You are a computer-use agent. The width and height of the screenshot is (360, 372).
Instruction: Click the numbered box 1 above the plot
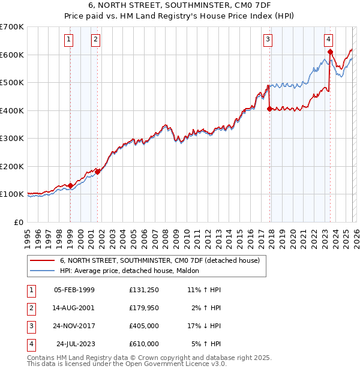click(70, 40)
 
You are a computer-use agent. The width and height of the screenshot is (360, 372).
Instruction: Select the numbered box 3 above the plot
click(268, 40)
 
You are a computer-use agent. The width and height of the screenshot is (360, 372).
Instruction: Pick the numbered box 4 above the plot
click(329, 40)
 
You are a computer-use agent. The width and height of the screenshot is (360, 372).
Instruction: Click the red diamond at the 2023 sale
click(330, 52)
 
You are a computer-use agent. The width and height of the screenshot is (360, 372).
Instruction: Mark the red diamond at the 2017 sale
click(269, 109)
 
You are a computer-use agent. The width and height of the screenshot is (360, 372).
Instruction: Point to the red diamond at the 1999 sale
click(70, 185)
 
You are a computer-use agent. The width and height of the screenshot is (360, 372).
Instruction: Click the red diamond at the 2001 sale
click(97, 172)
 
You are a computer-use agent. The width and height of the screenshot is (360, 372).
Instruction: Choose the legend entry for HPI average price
click(131, 271)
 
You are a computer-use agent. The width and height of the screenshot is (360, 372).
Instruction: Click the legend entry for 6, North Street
click(159, 261)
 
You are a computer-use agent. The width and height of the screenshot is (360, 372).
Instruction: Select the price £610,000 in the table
click(144, 344)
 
